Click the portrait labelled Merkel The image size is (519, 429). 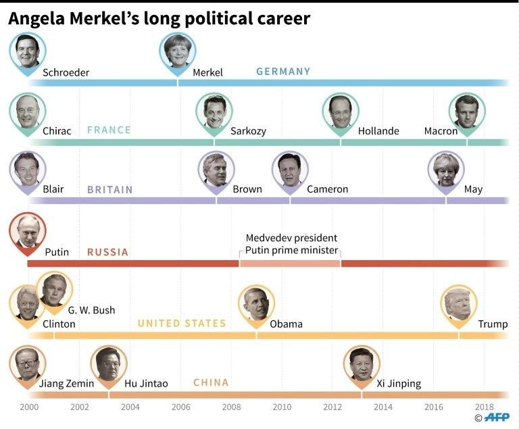point(178,51)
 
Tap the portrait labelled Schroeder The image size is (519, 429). point(28,51)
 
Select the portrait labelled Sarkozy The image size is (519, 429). point(214,111)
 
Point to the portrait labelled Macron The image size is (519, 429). point(466,111)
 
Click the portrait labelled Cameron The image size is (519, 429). point(290,169)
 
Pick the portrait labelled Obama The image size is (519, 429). point(256,303)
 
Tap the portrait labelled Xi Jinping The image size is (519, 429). point(362,363)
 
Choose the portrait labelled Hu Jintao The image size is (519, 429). point(108,363)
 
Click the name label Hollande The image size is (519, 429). point(378,131)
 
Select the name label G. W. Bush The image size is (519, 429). point(91,310)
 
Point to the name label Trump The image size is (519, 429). point(493,324)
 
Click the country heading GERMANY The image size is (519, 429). point(283,72)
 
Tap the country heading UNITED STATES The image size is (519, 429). point(182,324)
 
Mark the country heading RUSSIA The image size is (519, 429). point(107,252)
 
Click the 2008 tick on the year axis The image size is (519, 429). point(231,407)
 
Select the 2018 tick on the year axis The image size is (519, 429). point(484,407)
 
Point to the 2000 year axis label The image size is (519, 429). point(29,407)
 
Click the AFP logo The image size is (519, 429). point(497,418)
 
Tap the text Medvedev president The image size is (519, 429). point(291,238)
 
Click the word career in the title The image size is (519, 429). point(280,18)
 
